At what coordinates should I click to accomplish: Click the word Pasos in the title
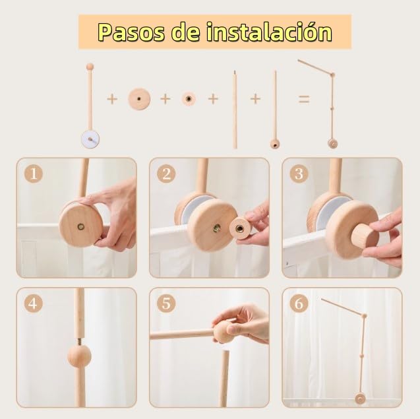click(131, 32)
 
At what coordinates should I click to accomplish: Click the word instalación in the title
click(269, 32)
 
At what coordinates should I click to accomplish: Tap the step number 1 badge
click(34, 174)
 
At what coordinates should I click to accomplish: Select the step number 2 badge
click(166, 174)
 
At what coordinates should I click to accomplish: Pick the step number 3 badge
click(299, 174)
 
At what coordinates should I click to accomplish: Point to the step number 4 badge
click(33, 304)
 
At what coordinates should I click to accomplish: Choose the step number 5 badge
click(166, 304)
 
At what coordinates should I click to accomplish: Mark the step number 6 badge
click(299, 304)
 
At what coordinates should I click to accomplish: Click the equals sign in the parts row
click(304, 99)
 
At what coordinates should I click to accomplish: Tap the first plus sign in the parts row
click(112, 99)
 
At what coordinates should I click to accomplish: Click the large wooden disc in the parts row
click(139, 99)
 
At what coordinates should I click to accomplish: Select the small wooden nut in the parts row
click(189, 99)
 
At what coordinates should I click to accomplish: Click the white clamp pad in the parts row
click(90, 139)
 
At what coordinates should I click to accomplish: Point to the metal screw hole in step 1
click(81, 227)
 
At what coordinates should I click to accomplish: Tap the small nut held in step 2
click(240, 228)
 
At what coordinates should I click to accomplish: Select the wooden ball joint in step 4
click(79, 356)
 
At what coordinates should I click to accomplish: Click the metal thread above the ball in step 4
click(80, 342)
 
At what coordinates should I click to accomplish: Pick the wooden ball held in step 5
click(224, 332)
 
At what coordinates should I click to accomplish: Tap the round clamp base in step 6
click(360, 399)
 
